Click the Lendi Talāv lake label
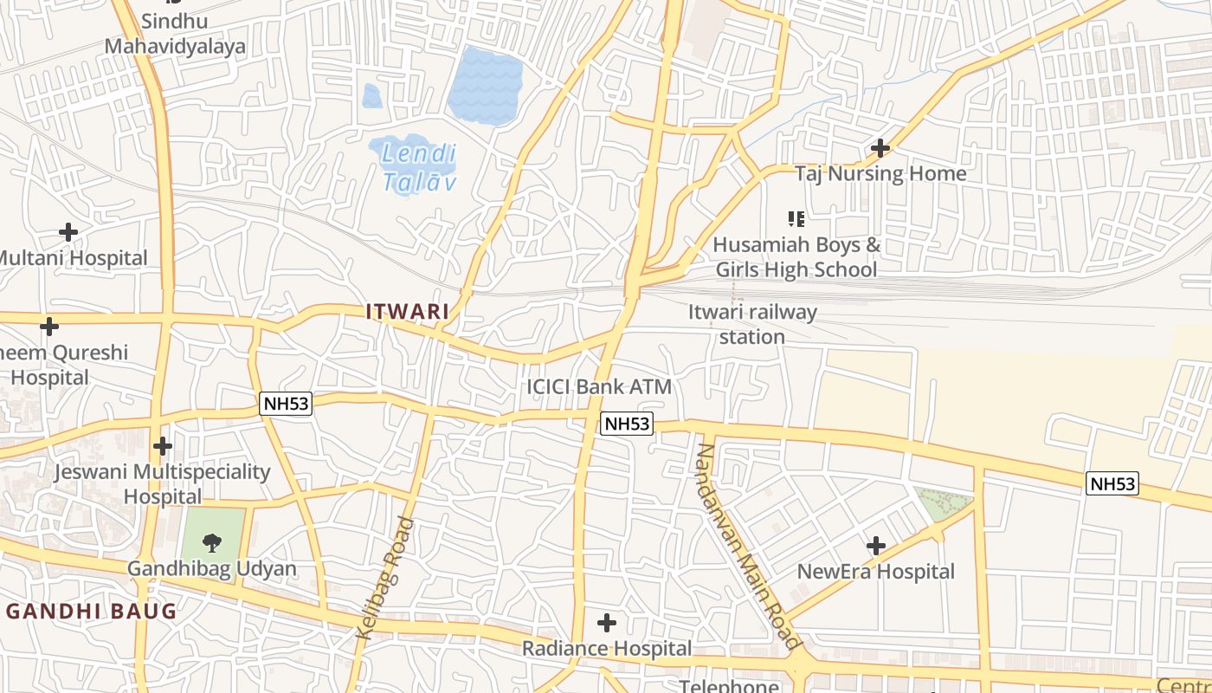pyautogui.click(x=419, y=168)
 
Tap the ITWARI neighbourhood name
pyautogui.click(x=407, y=311)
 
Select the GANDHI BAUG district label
pyautogui.click(x=91, y=611)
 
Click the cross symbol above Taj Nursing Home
pyautogui.click(x=880, y=148)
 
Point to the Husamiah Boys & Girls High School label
pyautogui.click(x=796, y=257)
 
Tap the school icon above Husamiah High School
pyautogui.click(x=796, y=219)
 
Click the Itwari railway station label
pyautogui.click(x=752, y=324)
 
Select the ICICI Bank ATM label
pyautogui.click(x=599, y=386)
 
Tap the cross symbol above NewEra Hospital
pyautogui.click(x=876, y=546)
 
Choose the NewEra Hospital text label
pyautogui.click(x=876, y=572)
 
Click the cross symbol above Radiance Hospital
pyautogui.click(x=607, y=622)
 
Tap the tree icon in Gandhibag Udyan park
pyautogui.click(x=211, y=542)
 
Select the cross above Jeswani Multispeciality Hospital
pyautogui.click(x=162, y=446)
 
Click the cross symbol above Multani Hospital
pyautogui.click(x=68, y=232)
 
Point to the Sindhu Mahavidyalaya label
pyautogui.click(x=176, y=34)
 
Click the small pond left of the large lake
pyautogui.click(x=372, y=96)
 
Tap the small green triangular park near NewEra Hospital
pyautogui.click(x=942, y=503)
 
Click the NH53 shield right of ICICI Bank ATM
pyautogui.click(x=626, y=424)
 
